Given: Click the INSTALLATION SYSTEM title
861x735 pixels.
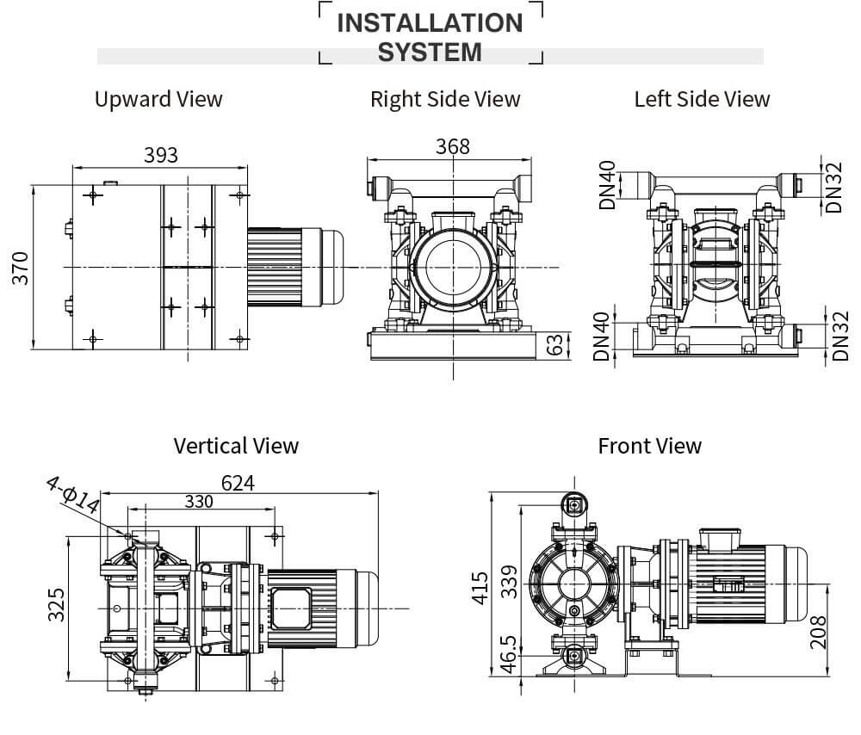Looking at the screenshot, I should [x=430, y=37].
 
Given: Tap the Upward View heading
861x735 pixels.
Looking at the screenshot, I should [x=158, y=99].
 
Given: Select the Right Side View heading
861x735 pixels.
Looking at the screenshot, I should [x=445, y=99].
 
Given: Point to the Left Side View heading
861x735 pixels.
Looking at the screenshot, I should [x=702, y=99].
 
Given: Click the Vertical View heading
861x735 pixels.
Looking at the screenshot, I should [x=236, y=446].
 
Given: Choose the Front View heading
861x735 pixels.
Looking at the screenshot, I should [x=649, y=446].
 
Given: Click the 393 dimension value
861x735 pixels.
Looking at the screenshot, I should [x=161, y=155].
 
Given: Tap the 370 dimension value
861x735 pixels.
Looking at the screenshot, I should [x=21, y=268].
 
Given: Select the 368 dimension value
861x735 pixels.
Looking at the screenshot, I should [x=453, y=146].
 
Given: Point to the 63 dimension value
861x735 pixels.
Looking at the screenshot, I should [x=556, y=345].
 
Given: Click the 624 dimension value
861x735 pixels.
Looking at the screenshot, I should [x=238, y=483].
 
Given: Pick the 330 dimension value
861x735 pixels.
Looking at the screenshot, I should [x=198, y=502].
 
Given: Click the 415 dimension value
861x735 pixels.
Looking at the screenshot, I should [x=480, y=586].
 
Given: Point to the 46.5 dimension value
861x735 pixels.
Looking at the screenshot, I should [x=508, y=655].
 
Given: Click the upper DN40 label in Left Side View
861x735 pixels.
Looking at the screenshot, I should [x=607, y=185].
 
